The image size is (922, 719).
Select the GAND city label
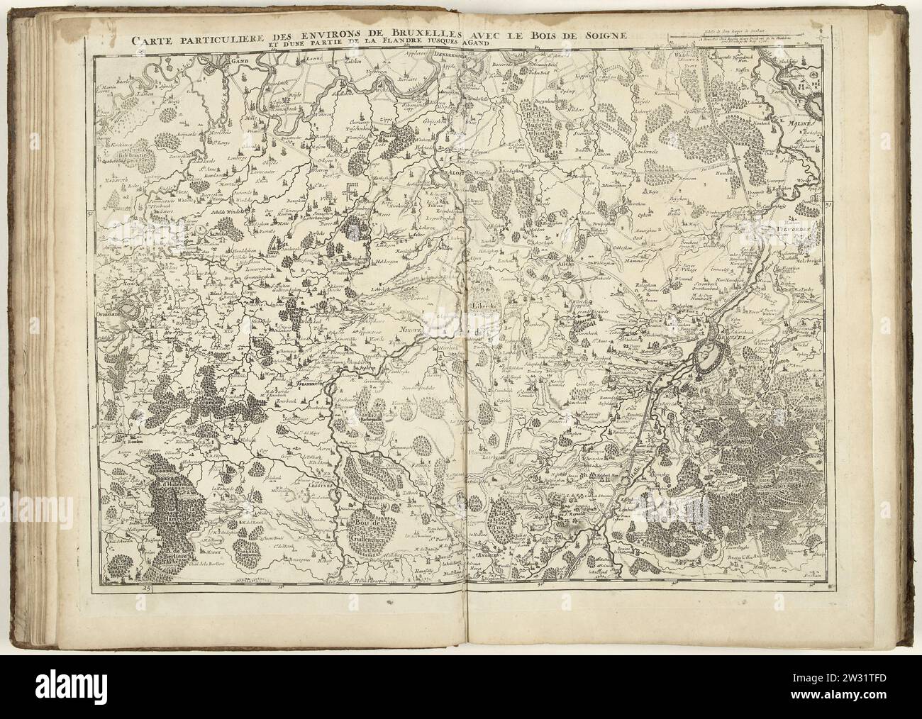(232, 61)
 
